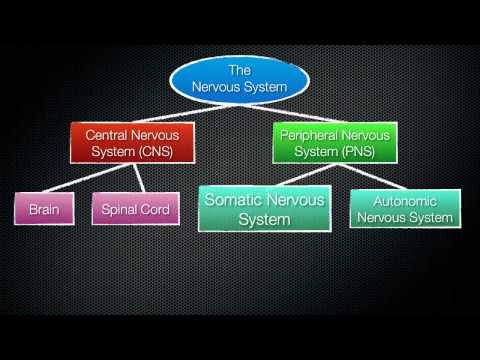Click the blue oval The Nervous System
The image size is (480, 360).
click(239, 79)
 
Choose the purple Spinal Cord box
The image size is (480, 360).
click(136, 211)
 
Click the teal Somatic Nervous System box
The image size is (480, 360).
click(264, 209)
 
